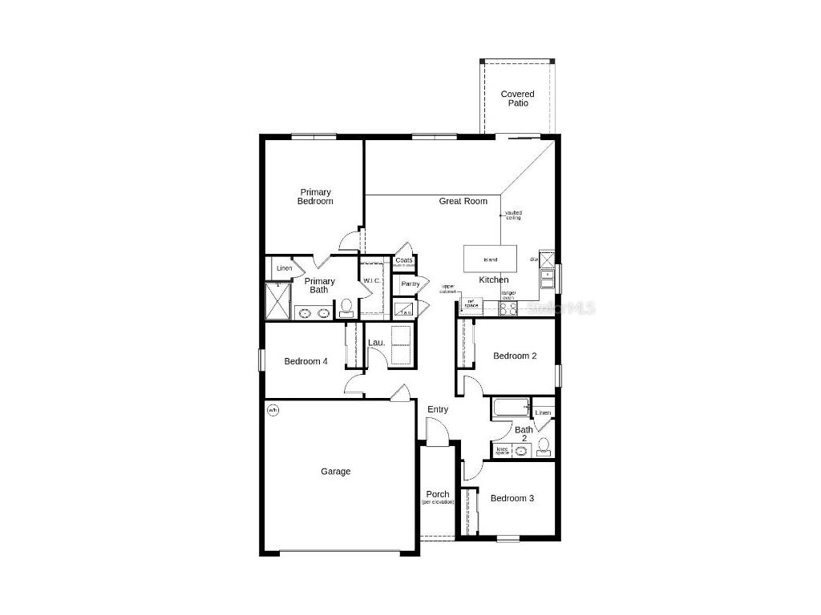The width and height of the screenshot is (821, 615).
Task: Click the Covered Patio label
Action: tap(517, 98)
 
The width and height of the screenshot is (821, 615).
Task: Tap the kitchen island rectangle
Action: tap(491, 259)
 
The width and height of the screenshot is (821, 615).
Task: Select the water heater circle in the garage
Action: tap(273, 411)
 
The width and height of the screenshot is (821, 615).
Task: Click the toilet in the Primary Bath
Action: tap(347, 307)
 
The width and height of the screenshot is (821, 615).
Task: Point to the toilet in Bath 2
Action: tap(544, 446)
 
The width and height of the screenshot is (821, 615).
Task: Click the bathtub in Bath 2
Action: tap(510, 408)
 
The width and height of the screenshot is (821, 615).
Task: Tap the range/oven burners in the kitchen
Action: tap(508, 308)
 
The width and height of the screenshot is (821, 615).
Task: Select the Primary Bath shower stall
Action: tap(278, 303)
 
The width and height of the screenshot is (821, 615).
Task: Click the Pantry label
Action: tap(410, 283)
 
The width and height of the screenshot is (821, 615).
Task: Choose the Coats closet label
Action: tap(404, 260)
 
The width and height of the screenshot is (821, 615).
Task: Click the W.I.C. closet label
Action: tap(371, 280)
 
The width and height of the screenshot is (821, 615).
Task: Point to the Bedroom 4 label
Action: tap(305, 361)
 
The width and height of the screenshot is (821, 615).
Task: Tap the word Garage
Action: tap(336, 472)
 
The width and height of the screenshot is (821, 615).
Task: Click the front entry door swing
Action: tap(438, 433)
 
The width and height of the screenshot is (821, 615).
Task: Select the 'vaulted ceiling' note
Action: tap(513, 215)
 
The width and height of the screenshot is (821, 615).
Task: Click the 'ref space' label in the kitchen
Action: tap(471, 303)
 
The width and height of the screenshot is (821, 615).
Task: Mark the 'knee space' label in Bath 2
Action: tap(503, 451)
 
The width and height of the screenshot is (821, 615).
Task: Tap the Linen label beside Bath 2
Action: tap(543, 412)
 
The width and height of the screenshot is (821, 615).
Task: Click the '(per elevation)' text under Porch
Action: tap(438, 502)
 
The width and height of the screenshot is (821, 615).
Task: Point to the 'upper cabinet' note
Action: tap(448, 288)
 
